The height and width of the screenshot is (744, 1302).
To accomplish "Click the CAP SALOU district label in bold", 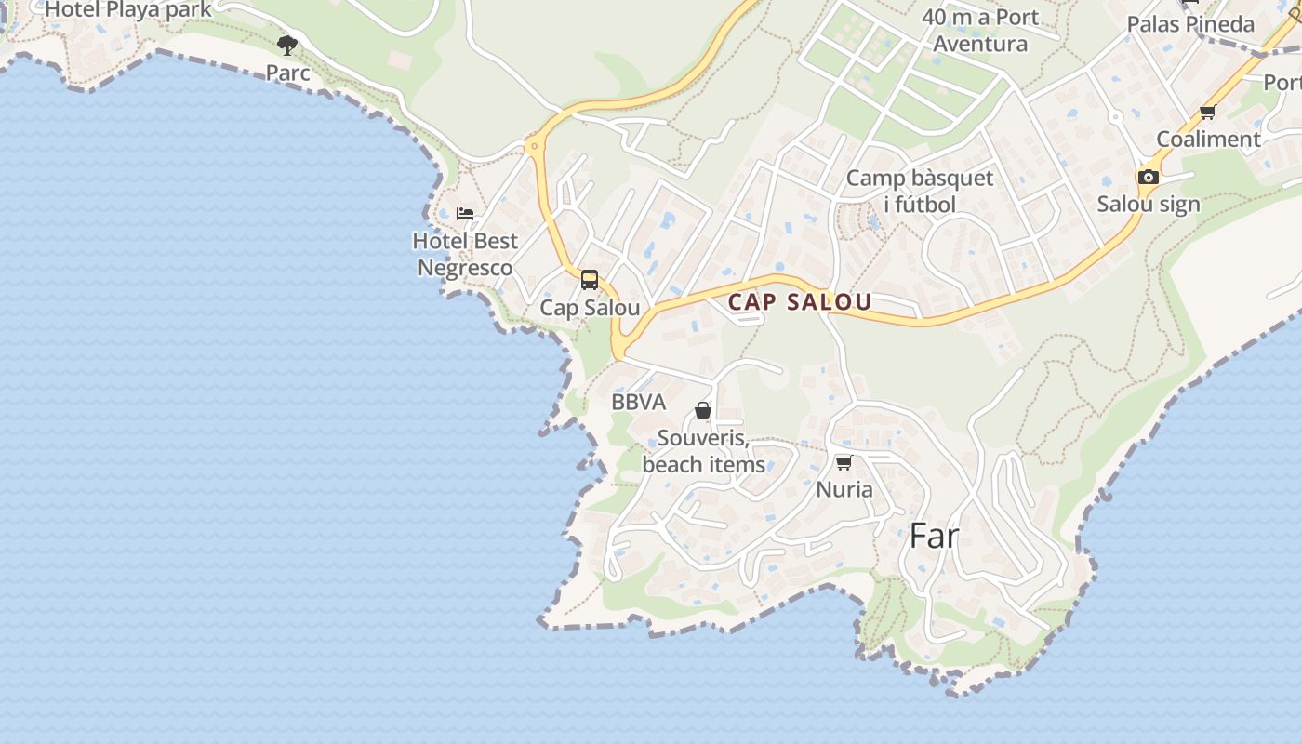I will pos(800,302).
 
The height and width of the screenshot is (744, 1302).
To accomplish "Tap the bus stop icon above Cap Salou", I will pos(590,280).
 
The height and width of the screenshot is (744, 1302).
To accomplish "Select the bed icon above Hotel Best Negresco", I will pos(465,213).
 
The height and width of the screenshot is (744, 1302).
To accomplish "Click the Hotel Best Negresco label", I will pos(465,255).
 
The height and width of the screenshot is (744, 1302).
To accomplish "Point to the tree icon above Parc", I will pos(287,45).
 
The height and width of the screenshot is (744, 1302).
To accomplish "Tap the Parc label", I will pos(287,73).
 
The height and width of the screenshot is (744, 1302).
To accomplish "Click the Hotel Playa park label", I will pos(128,9).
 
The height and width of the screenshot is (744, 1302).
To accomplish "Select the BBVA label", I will pos(639,403).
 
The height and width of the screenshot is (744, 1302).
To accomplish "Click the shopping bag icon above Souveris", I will pos(703,410).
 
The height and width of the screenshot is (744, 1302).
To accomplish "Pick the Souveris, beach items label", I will pos(703,451).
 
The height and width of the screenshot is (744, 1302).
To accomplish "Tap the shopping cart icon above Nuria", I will pos(844,462).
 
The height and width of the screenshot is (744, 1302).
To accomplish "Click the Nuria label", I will pos(844,489).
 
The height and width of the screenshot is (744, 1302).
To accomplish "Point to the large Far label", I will pos(934,536).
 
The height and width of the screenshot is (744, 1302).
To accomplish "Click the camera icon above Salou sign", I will pos(1149,177).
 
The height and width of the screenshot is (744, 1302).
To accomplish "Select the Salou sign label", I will pos(1149,205).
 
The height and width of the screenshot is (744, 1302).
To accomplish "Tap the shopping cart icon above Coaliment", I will pos(1207,113).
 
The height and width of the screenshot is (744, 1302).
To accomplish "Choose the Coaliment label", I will pos(1207,139).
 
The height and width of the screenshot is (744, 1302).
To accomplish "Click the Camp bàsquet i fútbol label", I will pos(920,191).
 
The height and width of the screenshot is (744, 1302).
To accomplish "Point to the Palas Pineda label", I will pos(1190,24).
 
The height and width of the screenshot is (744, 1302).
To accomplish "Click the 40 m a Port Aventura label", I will pos(980,30).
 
